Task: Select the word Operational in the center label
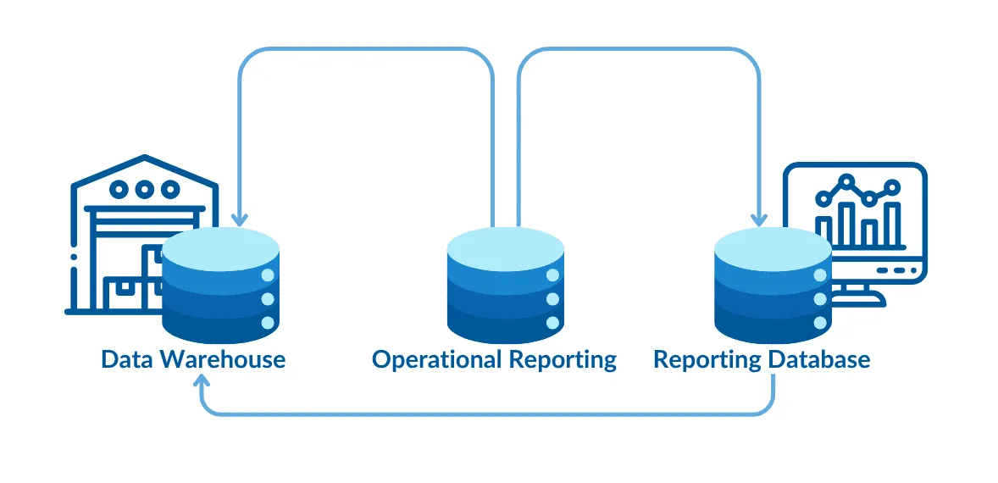tap(437, 359)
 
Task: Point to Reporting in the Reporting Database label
tap(707, 360)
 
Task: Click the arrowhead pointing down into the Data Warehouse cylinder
tap(240, 220)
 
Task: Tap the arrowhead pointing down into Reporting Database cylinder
tap(758, 220)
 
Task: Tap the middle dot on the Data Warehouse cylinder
tap(268, 299)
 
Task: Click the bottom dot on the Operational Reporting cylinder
tap(552, 323)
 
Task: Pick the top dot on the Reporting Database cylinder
tap(819, 275)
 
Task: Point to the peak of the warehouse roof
tap(145, 158)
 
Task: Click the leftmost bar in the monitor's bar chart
tap(823, 228)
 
